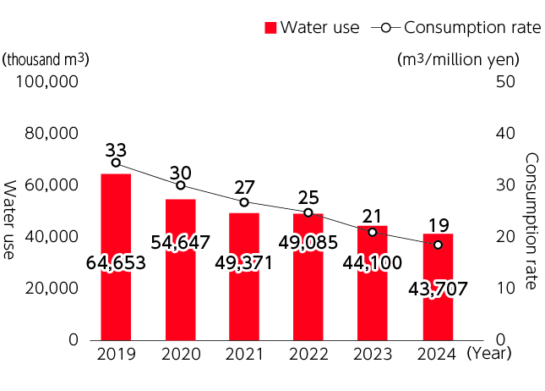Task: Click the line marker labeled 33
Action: point(116,162)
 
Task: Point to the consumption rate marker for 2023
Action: point(373,232)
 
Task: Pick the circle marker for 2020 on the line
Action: point(181,184)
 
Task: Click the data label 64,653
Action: point(117,263)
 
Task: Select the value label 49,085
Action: point(308,243)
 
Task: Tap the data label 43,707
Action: point(438,289)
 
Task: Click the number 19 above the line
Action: point(438,226)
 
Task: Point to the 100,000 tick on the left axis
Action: point(48,82)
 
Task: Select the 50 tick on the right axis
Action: point(504,82)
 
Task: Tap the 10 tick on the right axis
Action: point(504,288)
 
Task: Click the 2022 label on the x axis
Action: point(308,355)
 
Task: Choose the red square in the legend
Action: point(270,27)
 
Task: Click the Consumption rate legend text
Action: point(472,27)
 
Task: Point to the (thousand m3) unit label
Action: point(46,59)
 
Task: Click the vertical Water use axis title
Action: point(11,219)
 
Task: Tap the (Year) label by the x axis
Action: point(490,355)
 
